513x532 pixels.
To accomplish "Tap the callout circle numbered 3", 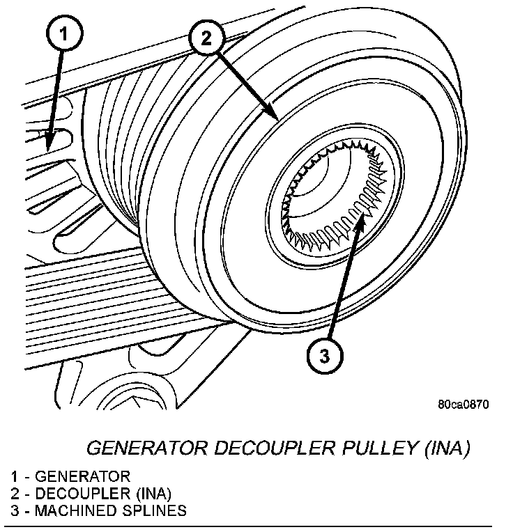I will pyautogui.click(x=324, y=357).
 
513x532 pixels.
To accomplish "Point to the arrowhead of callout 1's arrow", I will pyautogui.click(x=48, y=143).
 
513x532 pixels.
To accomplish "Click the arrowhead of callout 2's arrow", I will pyautogui.click(x=275, y=118).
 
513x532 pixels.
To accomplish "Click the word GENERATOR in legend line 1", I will pyautogui.click(x=82, y=477).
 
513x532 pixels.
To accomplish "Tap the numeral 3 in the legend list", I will pyautogui.click(x=15, y=510).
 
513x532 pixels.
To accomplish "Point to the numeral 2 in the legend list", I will pyautogui.click(x=15, y=494).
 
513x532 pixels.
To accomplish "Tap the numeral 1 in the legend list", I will pyautogui.click(x=15, y=477).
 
